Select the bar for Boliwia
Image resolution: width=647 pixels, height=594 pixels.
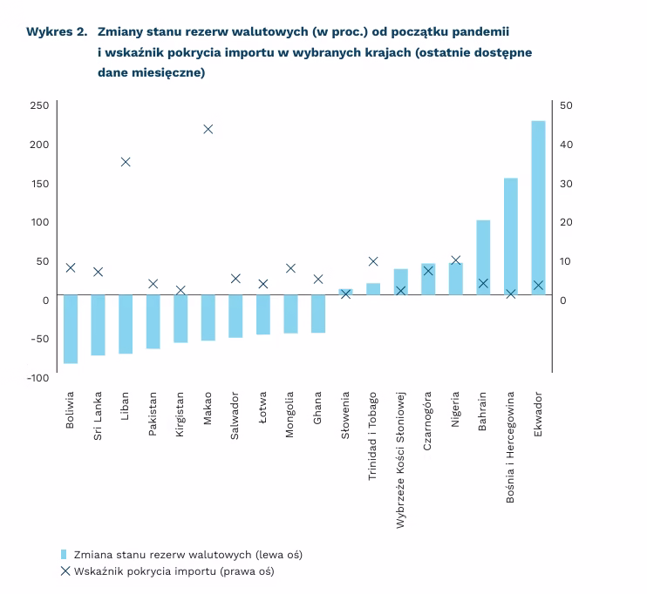pos(71,328)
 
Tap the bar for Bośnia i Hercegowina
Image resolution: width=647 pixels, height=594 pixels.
pos(511,236)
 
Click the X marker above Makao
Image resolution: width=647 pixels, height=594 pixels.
pos(208,129)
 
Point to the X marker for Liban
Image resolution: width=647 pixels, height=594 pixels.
pos(126,162)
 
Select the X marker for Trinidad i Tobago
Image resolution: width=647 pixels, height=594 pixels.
pos(373,261)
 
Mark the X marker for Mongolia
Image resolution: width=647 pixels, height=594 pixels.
pos(290,268)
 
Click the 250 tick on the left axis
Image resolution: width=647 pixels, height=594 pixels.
pos(39,105)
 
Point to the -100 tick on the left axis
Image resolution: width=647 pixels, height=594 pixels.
pos(37,377)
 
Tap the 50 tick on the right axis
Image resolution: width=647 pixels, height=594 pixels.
pos(566,105)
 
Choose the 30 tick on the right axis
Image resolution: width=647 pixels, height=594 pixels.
pos(566,183)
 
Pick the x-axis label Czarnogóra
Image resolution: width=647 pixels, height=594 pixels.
pos(428,423)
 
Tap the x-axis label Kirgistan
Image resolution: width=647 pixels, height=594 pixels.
pos(180,419)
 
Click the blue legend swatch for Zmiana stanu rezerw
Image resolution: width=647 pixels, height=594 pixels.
pos(64,554)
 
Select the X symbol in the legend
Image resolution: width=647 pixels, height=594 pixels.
pos(65,571)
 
